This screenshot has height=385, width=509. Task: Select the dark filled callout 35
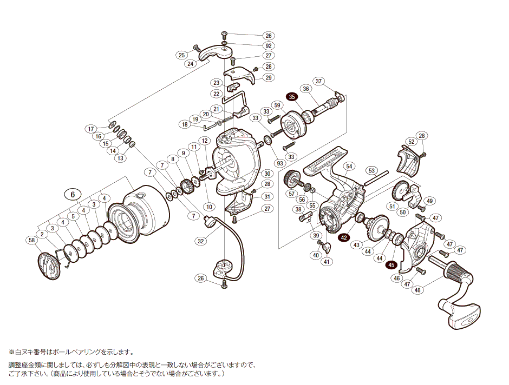292,97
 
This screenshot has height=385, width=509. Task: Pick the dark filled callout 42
344,237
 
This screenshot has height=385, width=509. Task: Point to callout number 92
269,45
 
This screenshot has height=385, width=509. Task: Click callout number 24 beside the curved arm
190,64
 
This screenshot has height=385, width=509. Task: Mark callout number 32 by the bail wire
200,241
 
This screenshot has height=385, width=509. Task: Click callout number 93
279,163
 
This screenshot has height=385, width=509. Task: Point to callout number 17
92,129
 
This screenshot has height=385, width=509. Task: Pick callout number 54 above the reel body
349,166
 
